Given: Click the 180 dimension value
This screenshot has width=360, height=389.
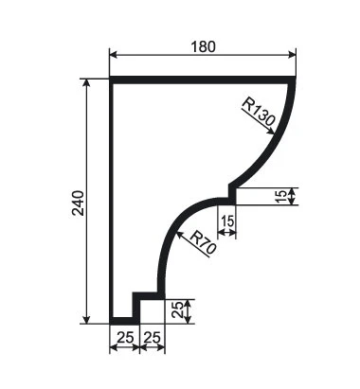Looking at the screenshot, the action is [x=204, y=46].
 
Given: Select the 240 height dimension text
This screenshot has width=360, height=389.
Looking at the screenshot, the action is [x=79, y=203].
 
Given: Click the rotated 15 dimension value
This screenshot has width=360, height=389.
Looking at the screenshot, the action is [x=280, y=196].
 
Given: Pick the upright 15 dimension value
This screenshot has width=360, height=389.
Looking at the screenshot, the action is [x=227, y=221].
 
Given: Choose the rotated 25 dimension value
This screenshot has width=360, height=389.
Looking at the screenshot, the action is [x=177, y=310].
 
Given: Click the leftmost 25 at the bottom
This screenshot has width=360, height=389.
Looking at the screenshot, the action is [x=125, y=338].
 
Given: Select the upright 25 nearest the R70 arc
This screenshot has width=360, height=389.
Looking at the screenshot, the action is [x=153, y=338].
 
